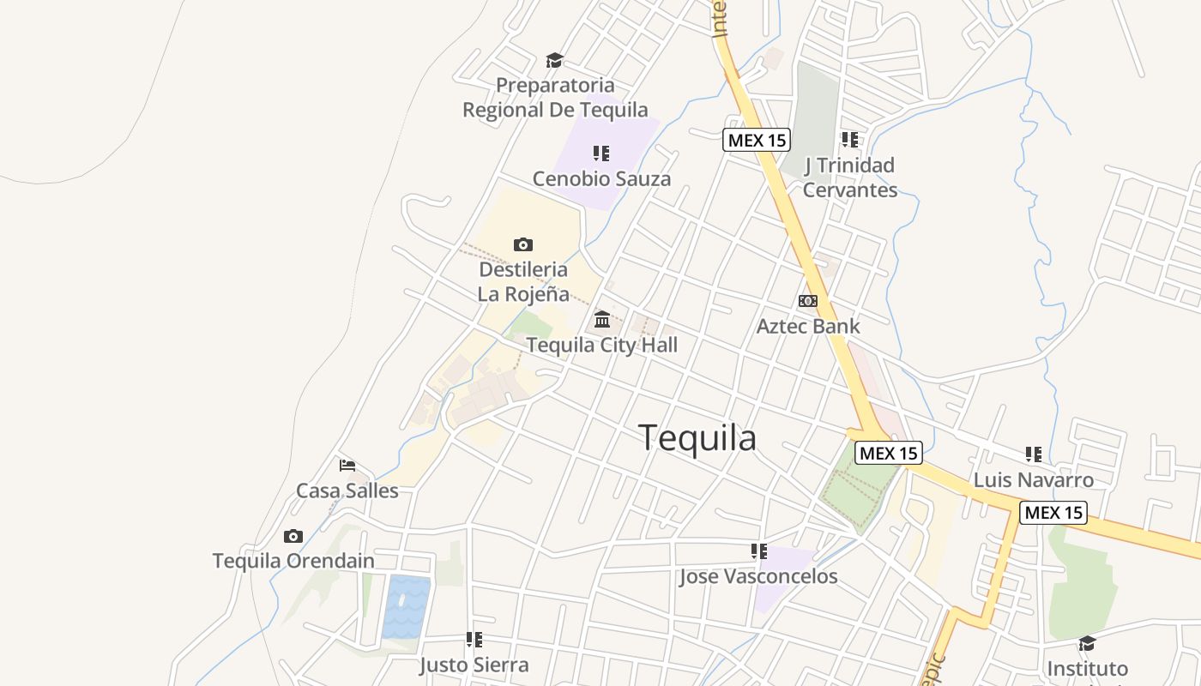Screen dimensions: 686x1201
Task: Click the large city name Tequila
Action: coord(697,438)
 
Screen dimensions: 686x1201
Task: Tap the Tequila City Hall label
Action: coord(601,345)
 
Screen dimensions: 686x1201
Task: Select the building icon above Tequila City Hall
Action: coord(601,320)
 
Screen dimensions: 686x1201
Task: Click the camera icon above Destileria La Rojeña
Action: coord(522,245)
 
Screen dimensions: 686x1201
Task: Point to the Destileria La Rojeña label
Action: coord(523,282)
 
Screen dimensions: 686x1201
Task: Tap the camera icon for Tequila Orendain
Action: coord(293,537)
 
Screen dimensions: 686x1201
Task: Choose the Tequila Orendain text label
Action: coord(293,561)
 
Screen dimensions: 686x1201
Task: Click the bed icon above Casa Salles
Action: coord(347,466)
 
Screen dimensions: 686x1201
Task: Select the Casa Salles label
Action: coord(347,490)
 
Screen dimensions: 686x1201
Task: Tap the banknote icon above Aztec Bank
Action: coord(807,301)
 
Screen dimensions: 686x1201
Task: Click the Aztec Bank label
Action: coord(807,326)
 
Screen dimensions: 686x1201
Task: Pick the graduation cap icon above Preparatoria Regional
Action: coord(554,60)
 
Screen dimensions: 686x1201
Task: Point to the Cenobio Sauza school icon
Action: coord(601,153)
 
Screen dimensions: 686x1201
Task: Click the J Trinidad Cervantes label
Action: coord(849,178)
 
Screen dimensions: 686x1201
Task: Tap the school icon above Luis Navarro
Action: coord(1033,454)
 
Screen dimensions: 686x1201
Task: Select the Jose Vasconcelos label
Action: coord(758,576)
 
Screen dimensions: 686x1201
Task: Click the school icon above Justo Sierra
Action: coord(474,640)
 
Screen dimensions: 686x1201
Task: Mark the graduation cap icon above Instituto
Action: coord(1087,643)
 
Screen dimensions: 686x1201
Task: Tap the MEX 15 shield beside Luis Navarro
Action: coord(1053,513)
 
